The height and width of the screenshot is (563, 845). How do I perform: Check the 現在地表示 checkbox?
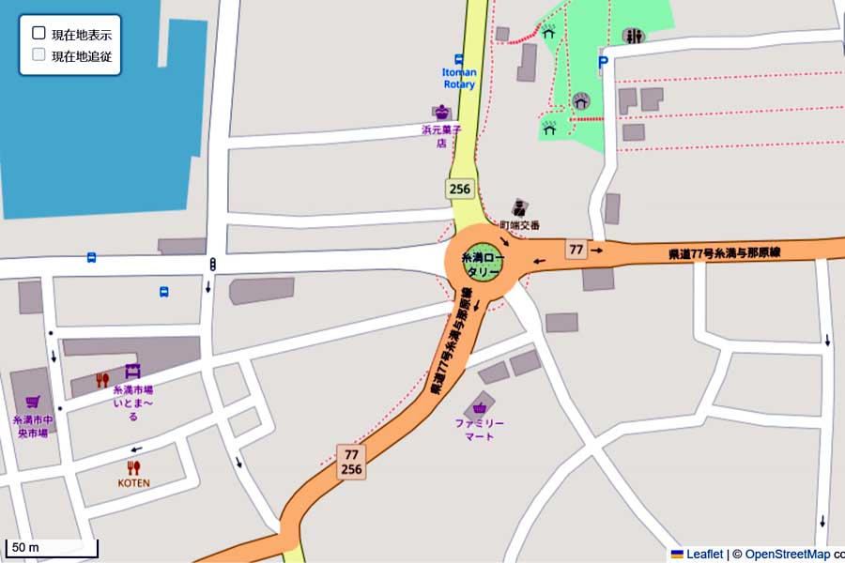[x=38, y=33]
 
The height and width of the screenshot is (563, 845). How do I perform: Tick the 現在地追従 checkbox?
[x=38, y=54]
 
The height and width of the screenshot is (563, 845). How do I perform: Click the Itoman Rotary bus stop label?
[x=459, y=78]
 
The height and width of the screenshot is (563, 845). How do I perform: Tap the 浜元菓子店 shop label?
[x=439, y=137]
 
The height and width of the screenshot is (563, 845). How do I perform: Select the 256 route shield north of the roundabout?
[x=459, y=189]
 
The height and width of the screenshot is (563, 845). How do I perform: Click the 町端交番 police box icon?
[x=520, y=207]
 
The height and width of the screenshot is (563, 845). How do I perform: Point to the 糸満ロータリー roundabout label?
[x=482, y=264]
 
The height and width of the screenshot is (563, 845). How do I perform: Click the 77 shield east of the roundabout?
[x=576, y=250]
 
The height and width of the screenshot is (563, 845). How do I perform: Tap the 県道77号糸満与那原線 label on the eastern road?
[x=724, y=252]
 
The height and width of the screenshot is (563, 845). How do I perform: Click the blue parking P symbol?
[x=603, y=63]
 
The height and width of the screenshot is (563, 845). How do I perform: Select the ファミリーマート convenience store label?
[x=480, y=429]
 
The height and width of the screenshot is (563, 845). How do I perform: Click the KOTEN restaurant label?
[x=133, y=483]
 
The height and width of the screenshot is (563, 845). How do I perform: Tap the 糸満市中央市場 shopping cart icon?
[x=33, y=402]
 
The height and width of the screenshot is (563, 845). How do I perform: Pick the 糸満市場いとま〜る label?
[x=132, y=403]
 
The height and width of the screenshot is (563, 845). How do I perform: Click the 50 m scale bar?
[x=52, y=548]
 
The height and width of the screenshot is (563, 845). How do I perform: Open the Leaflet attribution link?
[x=703, y=555]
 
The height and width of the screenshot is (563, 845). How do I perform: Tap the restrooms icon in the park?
[x=634, y=37]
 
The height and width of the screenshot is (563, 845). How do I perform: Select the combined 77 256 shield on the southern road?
[x=351, y=462]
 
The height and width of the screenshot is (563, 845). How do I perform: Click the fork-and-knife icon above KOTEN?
[x=133, y=466]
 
